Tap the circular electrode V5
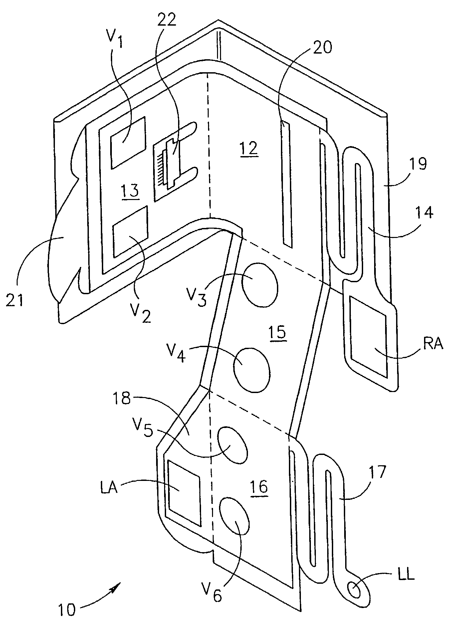coord(232,445)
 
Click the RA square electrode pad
coord(368,336)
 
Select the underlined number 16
coord(260,487)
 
